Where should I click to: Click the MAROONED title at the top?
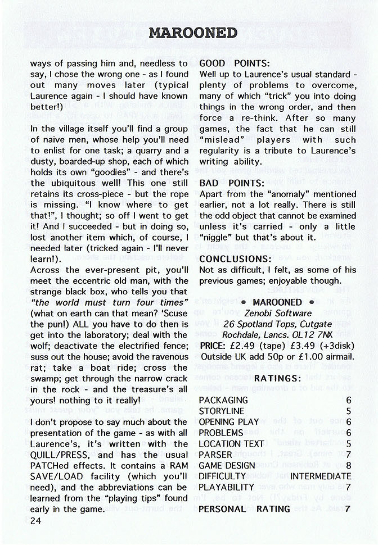tap(193, 33)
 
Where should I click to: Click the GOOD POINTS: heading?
tap(235, 63)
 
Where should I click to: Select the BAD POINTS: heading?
tap(232, 183)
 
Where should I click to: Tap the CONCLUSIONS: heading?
tap(236, 259)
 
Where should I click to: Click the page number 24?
tap(37, 521)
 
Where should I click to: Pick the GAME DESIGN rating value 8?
tap(348, 465)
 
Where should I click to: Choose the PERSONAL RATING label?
tap(245, 509)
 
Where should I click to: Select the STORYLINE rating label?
tap(222, 411)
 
